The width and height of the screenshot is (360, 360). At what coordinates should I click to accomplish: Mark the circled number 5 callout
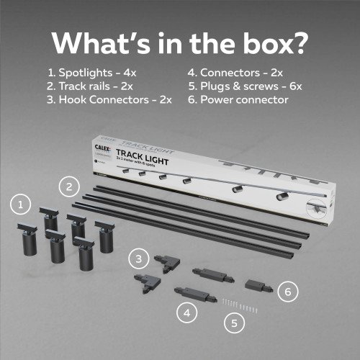233,323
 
